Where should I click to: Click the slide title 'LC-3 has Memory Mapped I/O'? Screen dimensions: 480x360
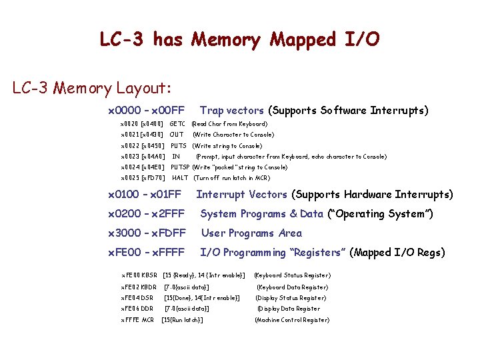tap(239, 39)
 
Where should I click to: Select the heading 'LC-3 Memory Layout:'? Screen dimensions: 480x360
tap(92, 88)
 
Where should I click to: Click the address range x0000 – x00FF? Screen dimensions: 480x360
tap(146, 110)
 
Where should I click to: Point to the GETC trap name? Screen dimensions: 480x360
tap(177, 124)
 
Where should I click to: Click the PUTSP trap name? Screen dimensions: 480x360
tap(180, 167)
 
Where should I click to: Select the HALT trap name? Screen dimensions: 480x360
tap(180, 178)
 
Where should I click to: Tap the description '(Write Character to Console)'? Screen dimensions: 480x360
tap(233, 135)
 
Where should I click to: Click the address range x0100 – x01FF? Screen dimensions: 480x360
tap(145, 195)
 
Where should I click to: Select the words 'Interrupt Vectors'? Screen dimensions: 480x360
tap(241, 195)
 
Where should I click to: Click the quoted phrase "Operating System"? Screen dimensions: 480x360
tap(380, 214)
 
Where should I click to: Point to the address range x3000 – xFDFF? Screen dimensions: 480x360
tap(147, 233)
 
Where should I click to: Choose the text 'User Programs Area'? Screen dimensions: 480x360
tap(251, 233)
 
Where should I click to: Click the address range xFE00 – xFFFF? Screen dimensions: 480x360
tap(147, 253)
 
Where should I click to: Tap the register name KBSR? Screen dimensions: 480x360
tap(149, 275)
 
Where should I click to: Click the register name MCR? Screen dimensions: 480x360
tap(147, 320)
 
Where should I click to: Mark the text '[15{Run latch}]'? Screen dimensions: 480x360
tap(183, 320)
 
